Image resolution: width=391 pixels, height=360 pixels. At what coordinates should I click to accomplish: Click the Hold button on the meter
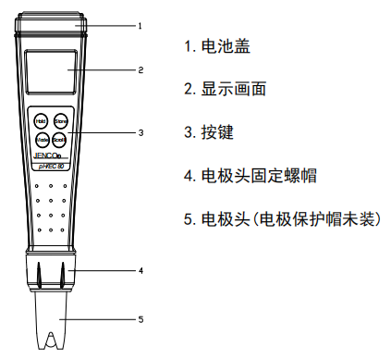[x=42, y=120]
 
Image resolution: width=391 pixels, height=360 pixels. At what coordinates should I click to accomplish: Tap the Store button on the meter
[x=60, y=120]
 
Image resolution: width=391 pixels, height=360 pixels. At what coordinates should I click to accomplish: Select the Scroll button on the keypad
[x=60, y=140]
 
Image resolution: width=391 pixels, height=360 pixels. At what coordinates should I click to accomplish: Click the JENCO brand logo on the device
[x=46, y=155]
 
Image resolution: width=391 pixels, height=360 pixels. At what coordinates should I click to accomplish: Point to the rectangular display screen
[x=51, y=71]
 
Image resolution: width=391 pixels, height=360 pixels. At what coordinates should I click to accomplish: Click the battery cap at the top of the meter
[x=51, y=25]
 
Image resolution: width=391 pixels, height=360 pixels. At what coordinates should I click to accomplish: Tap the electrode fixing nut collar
[x=51, y=275]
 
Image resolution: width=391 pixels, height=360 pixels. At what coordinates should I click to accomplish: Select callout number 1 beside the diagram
[x=141, y=26]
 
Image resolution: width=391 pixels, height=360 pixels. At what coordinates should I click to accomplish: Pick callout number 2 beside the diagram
[x=141, y=69]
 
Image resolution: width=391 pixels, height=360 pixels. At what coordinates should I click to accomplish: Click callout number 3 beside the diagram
[x=141, y=132]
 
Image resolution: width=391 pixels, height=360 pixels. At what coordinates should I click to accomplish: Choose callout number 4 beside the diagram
[x=141, y=271]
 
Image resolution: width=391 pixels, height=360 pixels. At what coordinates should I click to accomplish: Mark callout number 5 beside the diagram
[x=141, y=320]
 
